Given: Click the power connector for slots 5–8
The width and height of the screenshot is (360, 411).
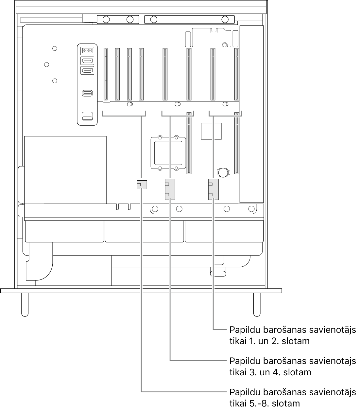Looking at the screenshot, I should (x=142, y=185).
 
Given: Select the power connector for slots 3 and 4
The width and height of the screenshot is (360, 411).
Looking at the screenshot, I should (x=170, y=189).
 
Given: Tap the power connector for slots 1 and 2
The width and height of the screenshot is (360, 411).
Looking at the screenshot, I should (x=213, y=189).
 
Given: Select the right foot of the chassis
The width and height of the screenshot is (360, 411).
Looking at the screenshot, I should (x=257, y=305).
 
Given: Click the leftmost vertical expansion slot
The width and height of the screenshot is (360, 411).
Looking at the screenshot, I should (x=106, y=74).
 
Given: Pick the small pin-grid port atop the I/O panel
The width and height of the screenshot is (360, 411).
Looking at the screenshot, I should (x=87, y=50).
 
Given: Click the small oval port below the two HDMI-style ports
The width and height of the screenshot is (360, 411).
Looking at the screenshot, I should (x=87, y=93).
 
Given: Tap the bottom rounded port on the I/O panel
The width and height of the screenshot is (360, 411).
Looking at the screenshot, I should (x=87, y=116).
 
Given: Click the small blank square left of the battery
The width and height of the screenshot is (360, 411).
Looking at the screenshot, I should (x=212, y=131).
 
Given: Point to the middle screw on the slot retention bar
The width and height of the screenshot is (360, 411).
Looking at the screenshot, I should (x=177, y=104).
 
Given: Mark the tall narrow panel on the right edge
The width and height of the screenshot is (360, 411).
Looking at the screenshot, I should (x=251, y=114).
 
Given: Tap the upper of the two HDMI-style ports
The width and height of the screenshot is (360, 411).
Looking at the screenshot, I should (x=87, y=61).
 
